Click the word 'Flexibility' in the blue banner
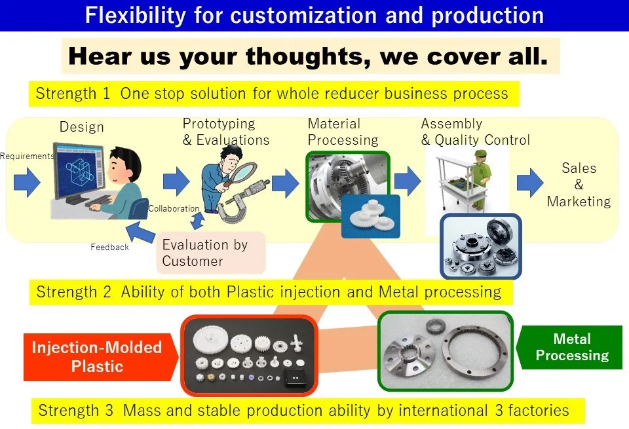coord(135,15)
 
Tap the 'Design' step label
coord(82,127)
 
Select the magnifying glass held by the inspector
coord(240,173)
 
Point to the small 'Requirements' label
coord(27,156)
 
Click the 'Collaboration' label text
coord(174,208)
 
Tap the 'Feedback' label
coord(109,247)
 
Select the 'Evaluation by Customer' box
coord(211,253)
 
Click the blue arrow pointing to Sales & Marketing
coord(530,183)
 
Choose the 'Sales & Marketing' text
coord(579,185)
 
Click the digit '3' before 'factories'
coord(499,411)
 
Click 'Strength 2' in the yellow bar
coord(73,292)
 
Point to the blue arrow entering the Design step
coord(27,183)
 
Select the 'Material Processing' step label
coord(343,132)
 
